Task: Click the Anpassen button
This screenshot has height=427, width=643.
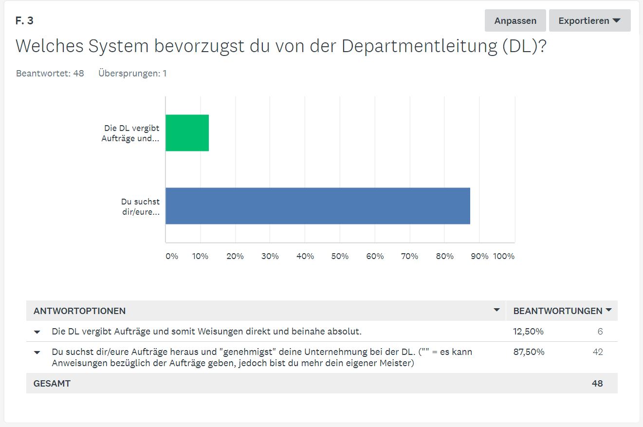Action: pyautogui.click(x=515, y=21)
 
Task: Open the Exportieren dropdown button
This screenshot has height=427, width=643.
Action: pyautogui.click(x=589, y=21)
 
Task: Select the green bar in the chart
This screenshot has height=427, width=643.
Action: pyautogui.click(x=187, y=133)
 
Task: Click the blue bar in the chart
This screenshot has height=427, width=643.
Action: pyautogui.click(x=318, y=206)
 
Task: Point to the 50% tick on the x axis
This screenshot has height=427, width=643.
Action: pyautogui.click(x=340, y=256)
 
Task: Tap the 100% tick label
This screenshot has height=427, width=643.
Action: pyautogui.click(x=504, y=256)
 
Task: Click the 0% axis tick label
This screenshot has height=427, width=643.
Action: pyautogui.click(x=172, y=256)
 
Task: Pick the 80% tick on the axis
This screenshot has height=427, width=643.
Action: pyautogui.click(x=444, y=256)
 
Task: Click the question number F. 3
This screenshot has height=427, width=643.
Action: pyautogui.click(x=24, y=21)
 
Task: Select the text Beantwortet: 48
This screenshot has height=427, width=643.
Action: pyautogui.click(x=50, y=74)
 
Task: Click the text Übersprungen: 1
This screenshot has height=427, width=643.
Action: pyautogui.click(x=132, y=74)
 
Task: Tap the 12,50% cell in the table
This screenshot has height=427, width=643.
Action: pyautogui.click(x=528, y=332)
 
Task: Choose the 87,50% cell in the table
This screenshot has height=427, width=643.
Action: pyautogui.click(x=529, y=352)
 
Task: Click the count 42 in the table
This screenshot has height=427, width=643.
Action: pyautogui.click(x=597, y=352)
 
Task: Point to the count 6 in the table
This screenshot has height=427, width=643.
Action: pyautogui.click(x=600, y=332)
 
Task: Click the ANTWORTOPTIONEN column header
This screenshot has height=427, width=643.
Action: pyautogui.click(x=79, y=311)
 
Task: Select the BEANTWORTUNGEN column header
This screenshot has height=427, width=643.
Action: pyautogui.click(x=558, y=311)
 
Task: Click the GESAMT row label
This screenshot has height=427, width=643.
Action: pyautogui.click(x=52, y=384)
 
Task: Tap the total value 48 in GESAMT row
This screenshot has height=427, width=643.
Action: pyautogui.click(x=597, y=384)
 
